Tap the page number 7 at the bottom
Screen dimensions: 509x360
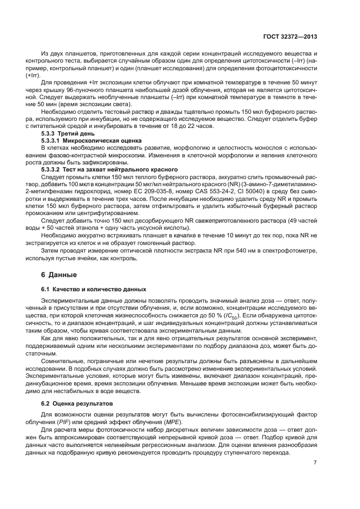(315, 463)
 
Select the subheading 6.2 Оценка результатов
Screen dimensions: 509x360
(77, 403)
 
